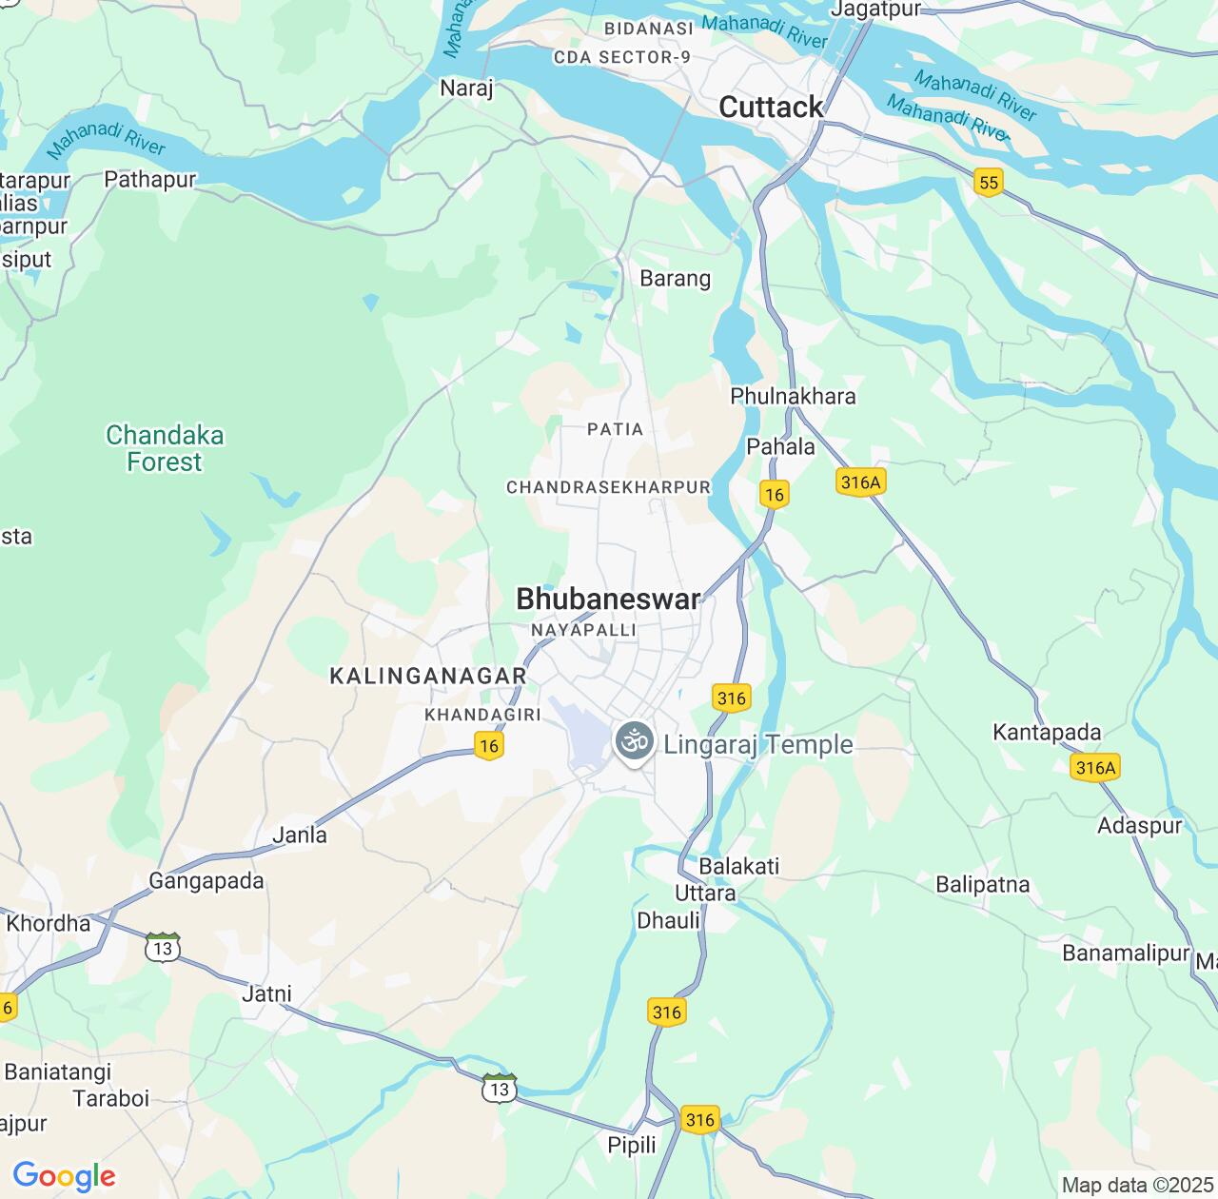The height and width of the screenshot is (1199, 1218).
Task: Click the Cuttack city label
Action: (771, 108)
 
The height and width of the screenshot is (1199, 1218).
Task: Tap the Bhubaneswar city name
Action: (608, 599)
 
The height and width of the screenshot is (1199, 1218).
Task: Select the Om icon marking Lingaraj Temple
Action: (635, 740)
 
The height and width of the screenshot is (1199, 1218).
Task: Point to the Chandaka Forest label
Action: (165, 448)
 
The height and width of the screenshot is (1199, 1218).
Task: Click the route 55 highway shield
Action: (989, 183)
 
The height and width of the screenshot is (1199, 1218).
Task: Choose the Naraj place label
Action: (466, 88)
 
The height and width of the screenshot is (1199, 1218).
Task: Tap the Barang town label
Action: (675, 279)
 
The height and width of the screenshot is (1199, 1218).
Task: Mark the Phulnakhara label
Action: (793, 396)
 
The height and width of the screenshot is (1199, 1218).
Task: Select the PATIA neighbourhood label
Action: (615, 429)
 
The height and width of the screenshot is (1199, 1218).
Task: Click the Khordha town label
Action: (49, 923)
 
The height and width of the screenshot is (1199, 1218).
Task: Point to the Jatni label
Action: (266, 993)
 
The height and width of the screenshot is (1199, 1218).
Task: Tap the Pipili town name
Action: (632, 1145)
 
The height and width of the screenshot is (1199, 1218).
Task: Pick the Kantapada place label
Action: (1047, 732)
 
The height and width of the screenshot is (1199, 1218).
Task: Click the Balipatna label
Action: (982, 884)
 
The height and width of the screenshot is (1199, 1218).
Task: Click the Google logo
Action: (64, 1176)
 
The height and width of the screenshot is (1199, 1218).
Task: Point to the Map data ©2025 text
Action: (1137, 1186)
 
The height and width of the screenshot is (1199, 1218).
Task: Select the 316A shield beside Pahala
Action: (860, 482)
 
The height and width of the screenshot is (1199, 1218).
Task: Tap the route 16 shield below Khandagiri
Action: (489, 745)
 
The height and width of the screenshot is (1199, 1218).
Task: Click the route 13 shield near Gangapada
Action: (163, 948)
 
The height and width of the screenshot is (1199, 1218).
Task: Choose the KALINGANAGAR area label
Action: (427, 676)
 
